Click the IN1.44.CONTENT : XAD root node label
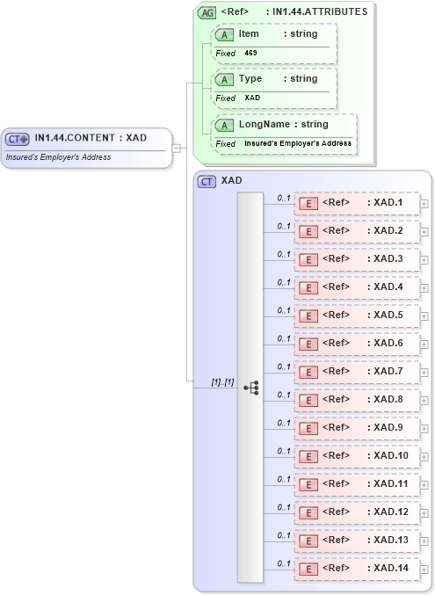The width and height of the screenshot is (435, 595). pyautogui.click(x=90, y=138)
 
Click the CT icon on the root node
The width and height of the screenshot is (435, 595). pyautogui.click(x=18, y=139)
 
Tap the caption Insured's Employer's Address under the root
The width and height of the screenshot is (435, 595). pyautogui.click(x=58, y=157)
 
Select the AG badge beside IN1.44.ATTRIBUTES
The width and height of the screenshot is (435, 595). pyautogui.click(x=207, y=12)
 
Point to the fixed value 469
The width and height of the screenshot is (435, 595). pyautogui.click(x=251, y=54)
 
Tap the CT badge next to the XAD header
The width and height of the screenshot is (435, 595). pyautogui.click(x=207, y=181)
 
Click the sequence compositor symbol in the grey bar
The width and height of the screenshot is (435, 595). pyautogui.click(x=250, y=387)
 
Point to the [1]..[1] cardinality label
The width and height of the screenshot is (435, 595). pyautogui.click(x=222, y=381)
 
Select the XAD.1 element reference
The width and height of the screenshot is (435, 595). pyautogui.click(x=356, y=203)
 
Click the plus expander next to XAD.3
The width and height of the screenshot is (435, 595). pyautogui.click(x=424, y=260)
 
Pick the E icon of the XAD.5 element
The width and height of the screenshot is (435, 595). pyautogui.click(x=308, y=316)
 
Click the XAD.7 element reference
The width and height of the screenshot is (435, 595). pyautogui.click(x=356, y=371)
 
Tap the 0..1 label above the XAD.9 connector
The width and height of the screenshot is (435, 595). pyautogui.click(x=284, y=423)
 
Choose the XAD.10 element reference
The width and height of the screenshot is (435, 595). pyautogui.click(x=356, y=455)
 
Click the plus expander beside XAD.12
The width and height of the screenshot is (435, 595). pyautogui.click(x=424, y=513)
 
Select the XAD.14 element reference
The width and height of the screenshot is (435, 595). pyautogui.click(x=356, y=568)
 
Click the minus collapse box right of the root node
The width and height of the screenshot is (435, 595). pyautogui.click(x=177, y=148)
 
